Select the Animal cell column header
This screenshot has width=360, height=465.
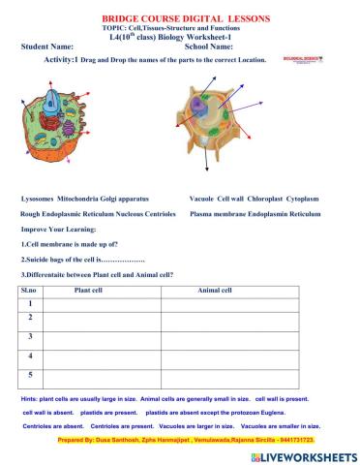214,290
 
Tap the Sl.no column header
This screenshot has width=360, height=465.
28,290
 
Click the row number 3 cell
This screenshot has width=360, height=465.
31,336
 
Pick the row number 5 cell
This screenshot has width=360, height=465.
31,374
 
